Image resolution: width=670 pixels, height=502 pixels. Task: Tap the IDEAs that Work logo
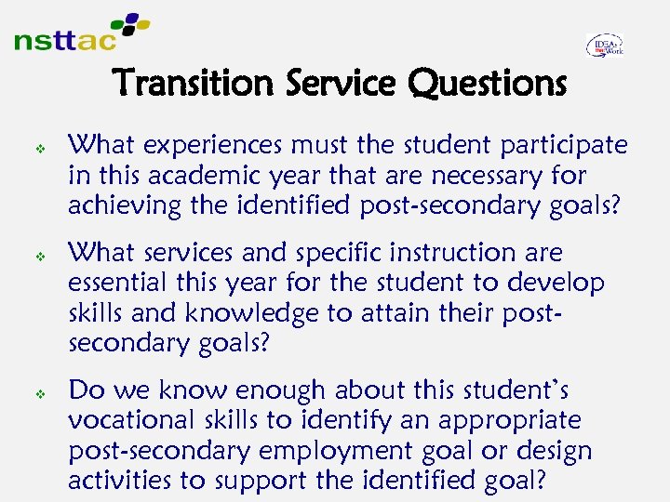pyautogui.click(x=605, y=46)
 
